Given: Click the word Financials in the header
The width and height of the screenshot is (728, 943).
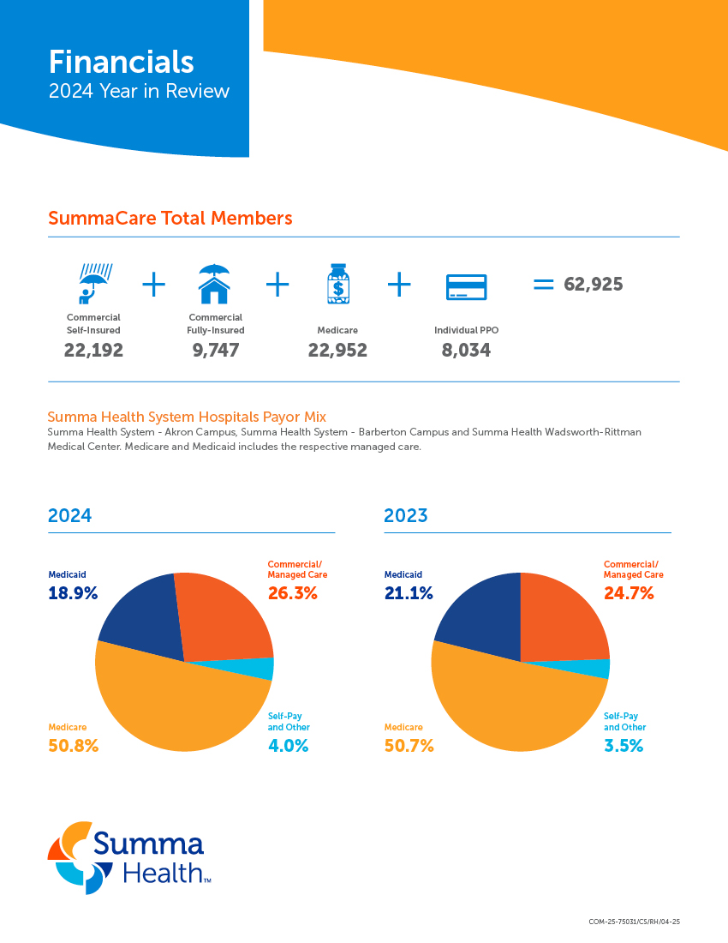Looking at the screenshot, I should [121, 62].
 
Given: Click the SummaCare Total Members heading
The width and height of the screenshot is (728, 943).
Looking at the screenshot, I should [170, 218].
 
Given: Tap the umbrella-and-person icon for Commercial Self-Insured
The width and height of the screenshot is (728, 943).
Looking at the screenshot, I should [94, 284].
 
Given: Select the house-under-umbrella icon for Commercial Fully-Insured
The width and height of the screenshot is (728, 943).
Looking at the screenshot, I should [214, 284].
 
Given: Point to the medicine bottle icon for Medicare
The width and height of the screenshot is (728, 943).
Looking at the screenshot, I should [337, 284].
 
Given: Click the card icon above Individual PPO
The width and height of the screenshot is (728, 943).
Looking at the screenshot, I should [466, 286].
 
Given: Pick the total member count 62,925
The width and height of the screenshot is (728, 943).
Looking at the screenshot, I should [593, 285].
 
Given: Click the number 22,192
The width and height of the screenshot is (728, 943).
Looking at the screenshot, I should [93, 350].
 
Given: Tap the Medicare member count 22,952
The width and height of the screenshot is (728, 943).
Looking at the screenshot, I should [337, 350].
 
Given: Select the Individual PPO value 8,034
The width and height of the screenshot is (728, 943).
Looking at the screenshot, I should [466, 350].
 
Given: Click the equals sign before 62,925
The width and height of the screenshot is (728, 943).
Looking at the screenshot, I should [543, 285].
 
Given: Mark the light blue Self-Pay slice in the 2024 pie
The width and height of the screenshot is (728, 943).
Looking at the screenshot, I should [264, 669].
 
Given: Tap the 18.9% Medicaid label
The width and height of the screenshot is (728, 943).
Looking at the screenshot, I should [73, 593].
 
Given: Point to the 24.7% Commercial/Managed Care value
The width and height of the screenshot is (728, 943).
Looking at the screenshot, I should [629, 593].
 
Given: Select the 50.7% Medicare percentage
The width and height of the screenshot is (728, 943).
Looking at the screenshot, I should [409, 746].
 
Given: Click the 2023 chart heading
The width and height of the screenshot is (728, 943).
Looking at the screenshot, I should [405, 515].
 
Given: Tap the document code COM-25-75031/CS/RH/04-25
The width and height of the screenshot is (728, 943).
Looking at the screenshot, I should [634, 922].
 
